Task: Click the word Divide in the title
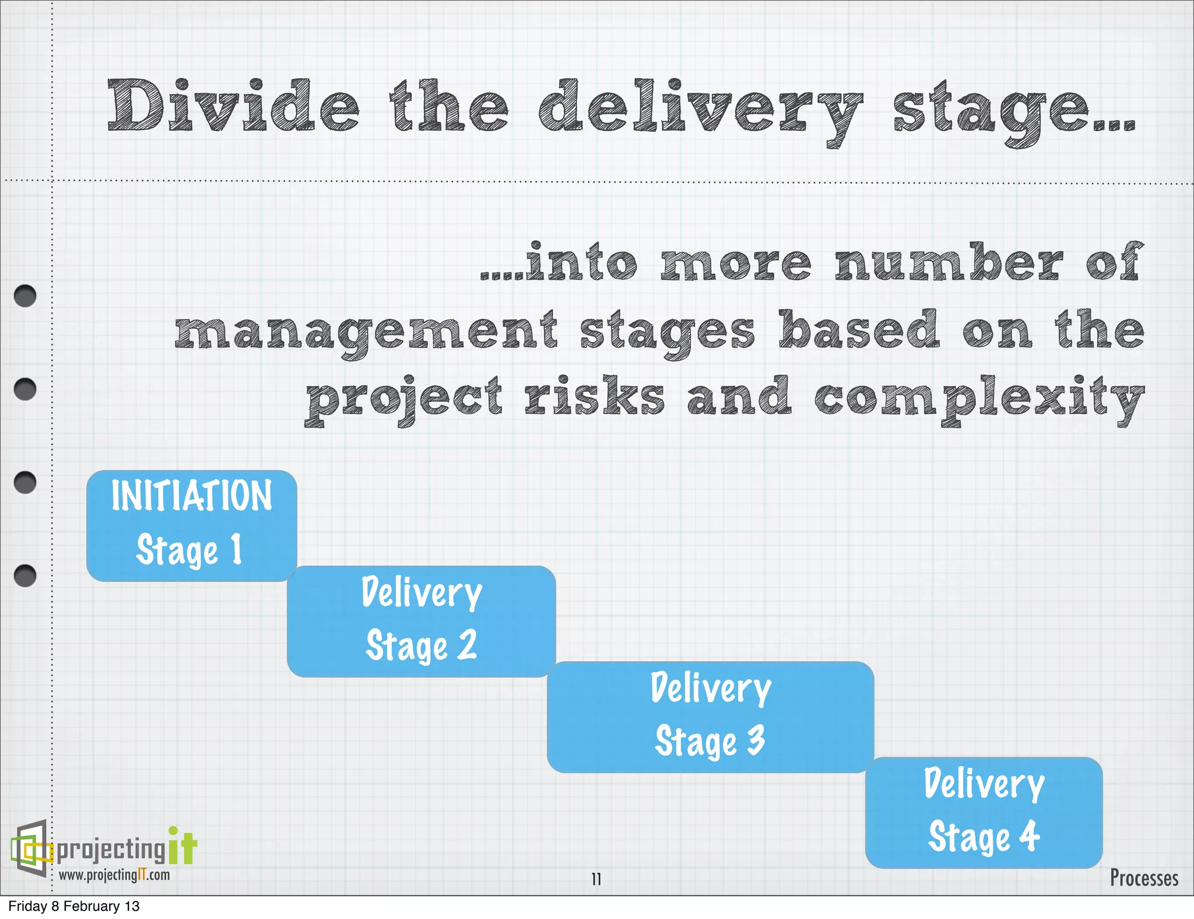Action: pos(233,106)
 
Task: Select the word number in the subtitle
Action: pos(948,262)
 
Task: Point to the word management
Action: pos(366,332)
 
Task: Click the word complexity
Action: pos(979,399)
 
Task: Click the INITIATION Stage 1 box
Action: pos(191,525)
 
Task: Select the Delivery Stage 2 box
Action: pos(421,621)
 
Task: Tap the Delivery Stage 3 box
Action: pos(710,717)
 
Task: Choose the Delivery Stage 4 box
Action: pos(984,812)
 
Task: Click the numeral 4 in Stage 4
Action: pos(1030,836)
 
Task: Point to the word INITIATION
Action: pos(191,496)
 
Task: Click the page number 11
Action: pos(596,879)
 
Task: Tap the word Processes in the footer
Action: pos(1143,878)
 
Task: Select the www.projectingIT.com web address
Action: pos(114,875)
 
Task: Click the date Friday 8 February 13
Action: pos(74,906)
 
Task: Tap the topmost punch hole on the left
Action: pos(25,296)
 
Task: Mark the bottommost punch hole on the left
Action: pos(25,576)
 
